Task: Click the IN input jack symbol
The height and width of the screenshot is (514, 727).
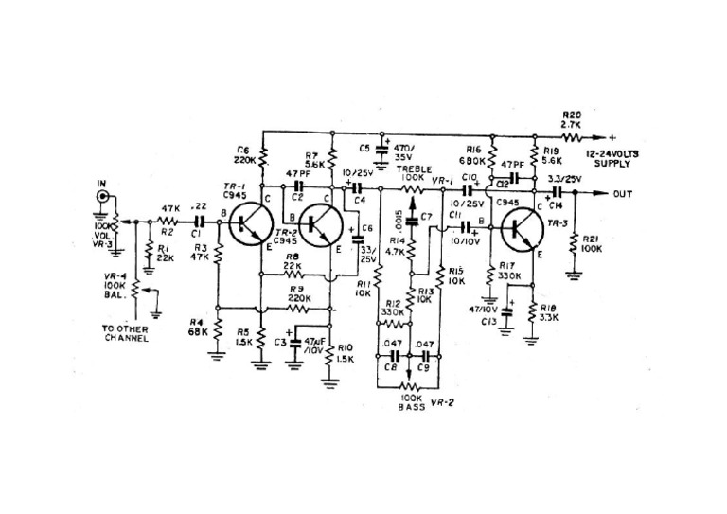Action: (x=102, y=200)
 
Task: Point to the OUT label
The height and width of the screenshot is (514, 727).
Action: (x=623, y=194)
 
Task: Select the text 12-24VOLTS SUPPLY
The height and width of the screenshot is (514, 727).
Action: (x=612, y=158)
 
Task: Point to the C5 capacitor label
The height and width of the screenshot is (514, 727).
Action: (x=364, y=148)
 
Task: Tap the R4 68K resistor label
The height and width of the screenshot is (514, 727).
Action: (x=199, y=328)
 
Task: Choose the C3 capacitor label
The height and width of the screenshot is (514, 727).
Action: (x=280, y=342)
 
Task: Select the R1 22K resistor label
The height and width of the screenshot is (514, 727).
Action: (x=164, y=253)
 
